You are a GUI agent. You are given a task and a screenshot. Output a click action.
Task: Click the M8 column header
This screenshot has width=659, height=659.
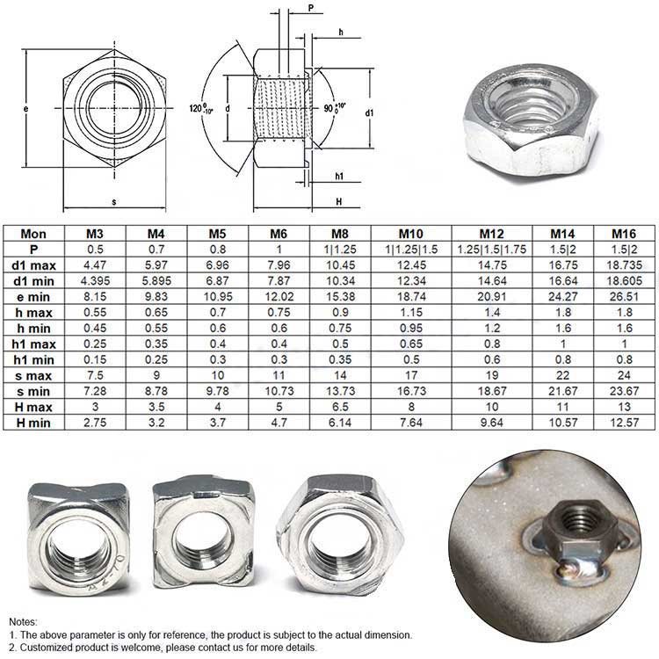pos(340,233)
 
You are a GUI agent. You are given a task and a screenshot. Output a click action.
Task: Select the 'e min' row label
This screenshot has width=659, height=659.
pos(33,297)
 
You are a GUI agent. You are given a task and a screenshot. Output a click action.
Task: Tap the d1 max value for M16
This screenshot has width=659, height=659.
pos(624,265)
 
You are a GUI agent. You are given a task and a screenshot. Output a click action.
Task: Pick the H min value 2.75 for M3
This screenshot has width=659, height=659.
pos(95,423)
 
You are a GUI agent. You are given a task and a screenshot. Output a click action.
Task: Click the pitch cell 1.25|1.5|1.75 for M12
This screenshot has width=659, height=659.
pos(492,250)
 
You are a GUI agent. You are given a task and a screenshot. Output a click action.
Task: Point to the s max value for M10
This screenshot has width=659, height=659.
pos(411,375)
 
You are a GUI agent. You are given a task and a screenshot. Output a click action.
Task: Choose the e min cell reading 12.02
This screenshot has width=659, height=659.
pos(279,297)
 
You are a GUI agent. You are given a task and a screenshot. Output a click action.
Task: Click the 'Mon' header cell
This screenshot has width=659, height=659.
pos(33,234)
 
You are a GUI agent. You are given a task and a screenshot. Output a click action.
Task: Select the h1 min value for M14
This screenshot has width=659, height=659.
pos(562,359)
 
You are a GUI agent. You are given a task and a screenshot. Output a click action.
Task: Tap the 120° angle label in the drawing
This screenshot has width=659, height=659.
pos(201,108)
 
